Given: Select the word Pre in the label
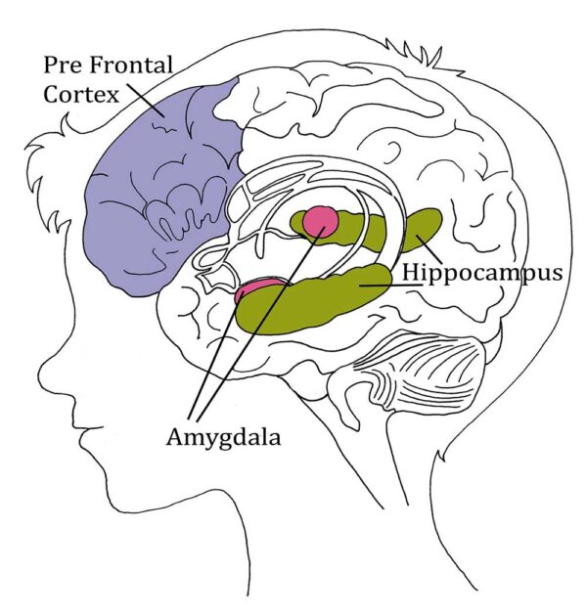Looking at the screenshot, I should coord(60,66).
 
